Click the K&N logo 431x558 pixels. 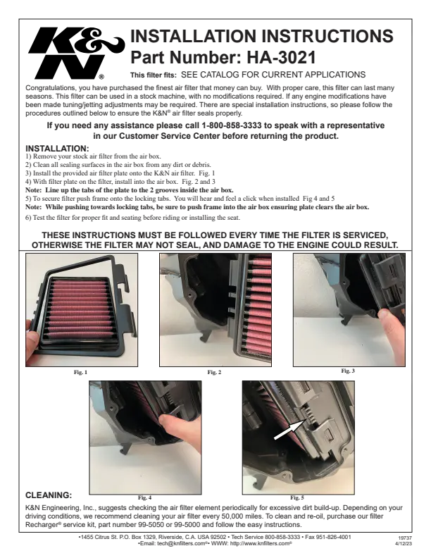[x=77, y=54]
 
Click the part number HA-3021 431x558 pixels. [x=276, y=57]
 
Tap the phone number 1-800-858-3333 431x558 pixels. [x=232, y=125]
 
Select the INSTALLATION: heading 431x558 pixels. [x=57, y=149]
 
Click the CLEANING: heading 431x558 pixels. [x=49, y=495]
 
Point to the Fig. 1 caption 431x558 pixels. [x=80, y=372]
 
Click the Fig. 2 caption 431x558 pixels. [x=214, y=372]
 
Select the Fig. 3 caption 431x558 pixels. [x=348, y=371]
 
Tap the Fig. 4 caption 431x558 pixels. [x=145, y=497]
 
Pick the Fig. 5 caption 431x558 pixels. [x=297, y=497]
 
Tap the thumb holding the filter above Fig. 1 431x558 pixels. [x=32, y=342]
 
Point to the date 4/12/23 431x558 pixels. [x=404, y=544]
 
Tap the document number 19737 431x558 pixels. [x=405, y=538]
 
